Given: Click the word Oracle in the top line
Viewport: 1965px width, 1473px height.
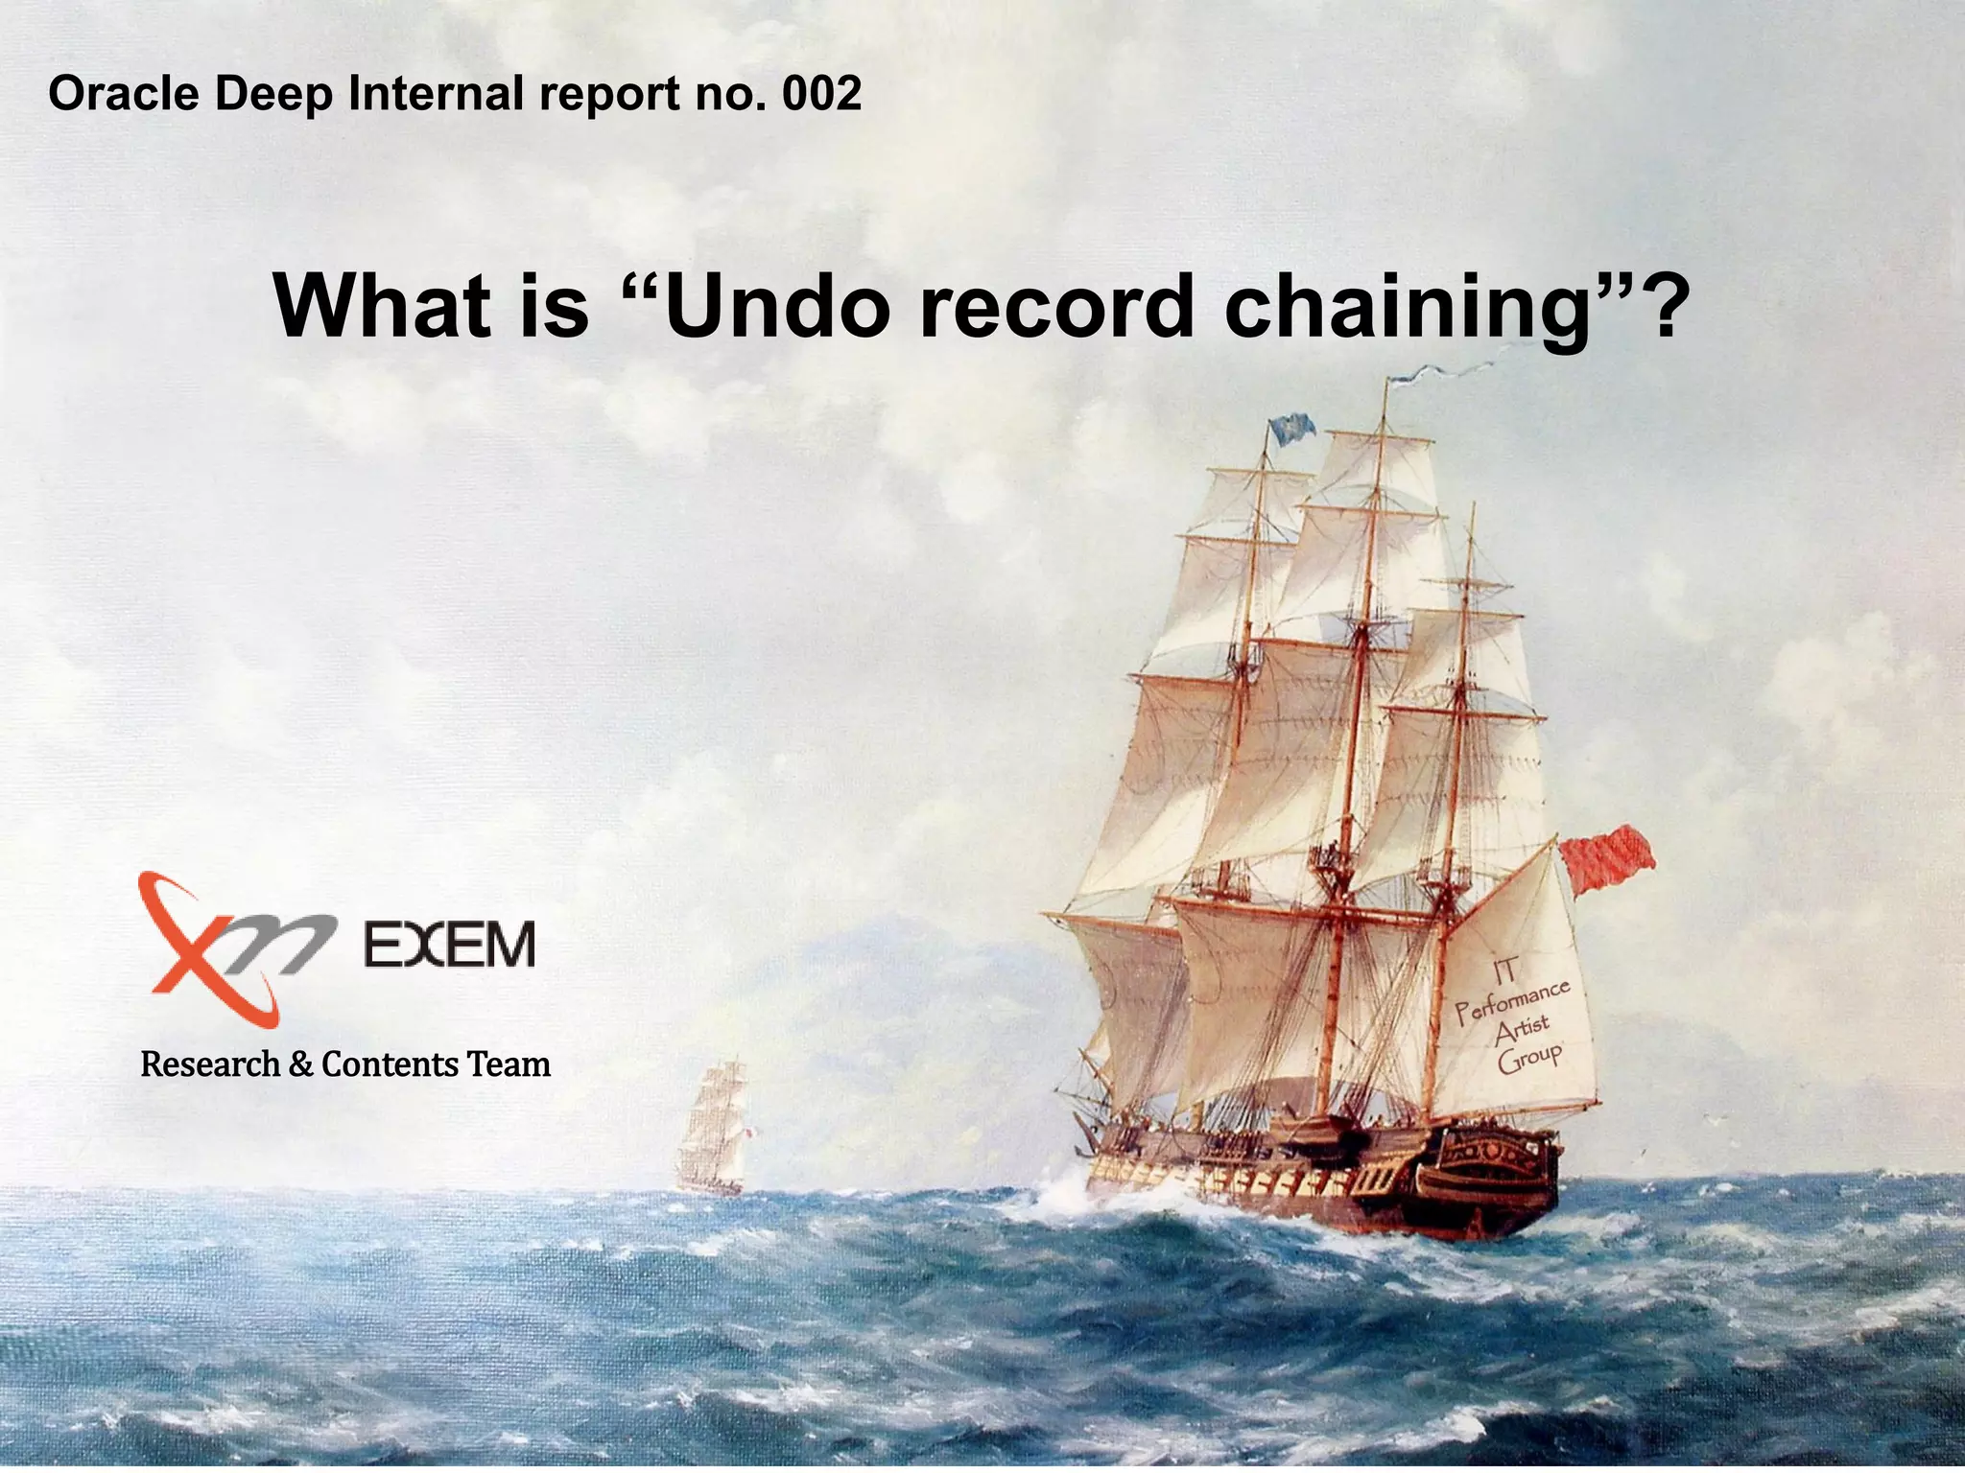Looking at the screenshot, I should (124, 94).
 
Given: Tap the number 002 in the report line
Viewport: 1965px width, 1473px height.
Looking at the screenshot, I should (821, 94).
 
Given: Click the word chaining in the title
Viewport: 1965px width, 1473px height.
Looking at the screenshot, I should (1407, 306).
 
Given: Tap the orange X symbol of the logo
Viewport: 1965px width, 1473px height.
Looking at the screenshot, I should (206, 946).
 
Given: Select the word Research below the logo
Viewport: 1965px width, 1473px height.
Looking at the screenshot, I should (210, 1064).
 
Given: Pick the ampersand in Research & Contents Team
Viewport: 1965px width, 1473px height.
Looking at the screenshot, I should (300, 1064).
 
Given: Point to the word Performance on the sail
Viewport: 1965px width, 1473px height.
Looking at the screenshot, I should (1512, 1000).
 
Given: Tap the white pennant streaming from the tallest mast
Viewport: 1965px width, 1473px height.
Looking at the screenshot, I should (1439, 371).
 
